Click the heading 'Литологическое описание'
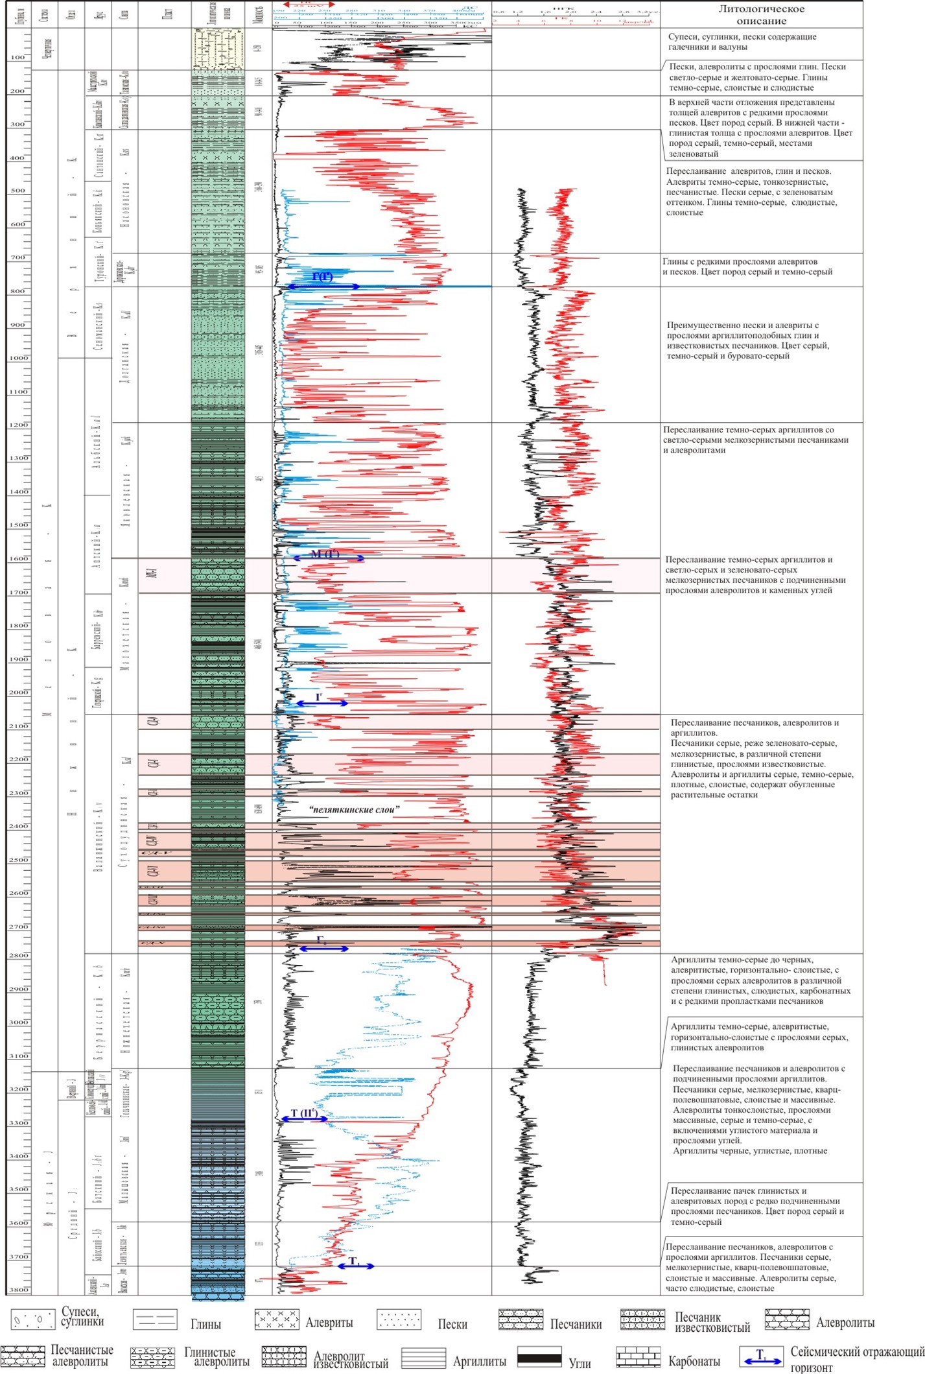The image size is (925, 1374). [x=761, y=15]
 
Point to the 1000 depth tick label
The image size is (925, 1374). [x=19, y=358]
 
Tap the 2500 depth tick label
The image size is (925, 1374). [x=19, y=860]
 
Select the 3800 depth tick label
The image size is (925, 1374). [x=19, y=1290]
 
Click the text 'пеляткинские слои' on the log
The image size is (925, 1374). [x=354, y=809]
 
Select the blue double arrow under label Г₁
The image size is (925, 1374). [x=323, y=949]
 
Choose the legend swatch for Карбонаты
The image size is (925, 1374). [x=638, y=1357]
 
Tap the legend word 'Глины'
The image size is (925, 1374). [x=205, y=1324]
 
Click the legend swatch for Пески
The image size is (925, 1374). [x=399, y=1319]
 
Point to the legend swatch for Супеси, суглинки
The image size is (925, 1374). [x=32, y=1318]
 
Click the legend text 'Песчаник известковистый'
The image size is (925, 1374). [x=712, y=1322]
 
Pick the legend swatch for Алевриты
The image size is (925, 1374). [x=277, y=1319]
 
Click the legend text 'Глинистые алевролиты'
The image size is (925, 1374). [x=216, y=1356]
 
